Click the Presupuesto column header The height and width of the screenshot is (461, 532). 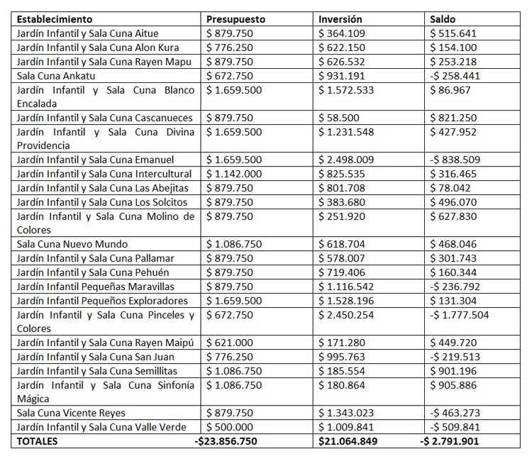click(x=235, y=19)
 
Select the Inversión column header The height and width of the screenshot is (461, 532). click(x=340, y=19)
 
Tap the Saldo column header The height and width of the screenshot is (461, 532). click(x=443, y=19)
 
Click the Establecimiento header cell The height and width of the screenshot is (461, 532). click(x=55, y=19)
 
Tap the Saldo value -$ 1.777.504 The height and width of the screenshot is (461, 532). click(x=461, y=314)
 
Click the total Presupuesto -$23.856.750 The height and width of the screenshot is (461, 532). click(x=226, y=440)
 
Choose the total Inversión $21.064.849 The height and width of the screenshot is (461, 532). click(x=348, y=440)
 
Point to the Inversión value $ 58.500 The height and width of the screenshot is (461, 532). click(x=339, y=118)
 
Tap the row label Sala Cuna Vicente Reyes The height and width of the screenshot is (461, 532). click(x=68, y=412)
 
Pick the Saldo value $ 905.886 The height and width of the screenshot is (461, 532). click(x=454, y=384)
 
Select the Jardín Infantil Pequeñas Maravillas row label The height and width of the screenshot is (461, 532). click(x=95, y=287)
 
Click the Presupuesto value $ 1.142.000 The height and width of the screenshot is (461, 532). click(x=234, y=174)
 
